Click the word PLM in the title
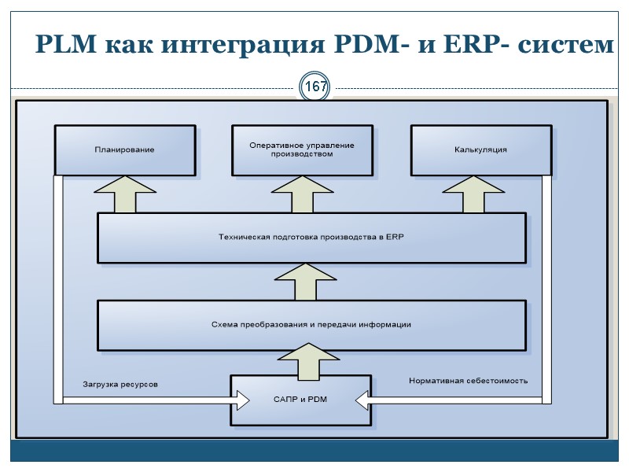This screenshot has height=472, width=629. point(64,46)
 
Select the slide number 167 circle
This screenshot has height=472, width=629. point(315,87)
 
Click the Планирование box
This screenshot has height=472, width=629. point(124,149)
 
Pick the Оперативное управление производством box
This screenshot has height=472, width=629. point(302,149)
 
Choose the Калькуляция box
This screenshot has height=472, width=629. point(480,149)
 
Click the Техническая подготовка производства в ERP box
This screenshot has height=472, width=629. point(311,237)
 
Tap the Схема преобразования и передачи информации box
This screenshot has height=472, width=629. point(311,324)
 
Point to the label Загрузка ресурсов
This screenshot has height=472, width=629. point(120,384)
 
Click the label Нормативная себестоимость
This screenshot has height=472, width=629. point(468,381)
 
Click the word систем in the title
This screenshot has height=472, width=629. point(564,46)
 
